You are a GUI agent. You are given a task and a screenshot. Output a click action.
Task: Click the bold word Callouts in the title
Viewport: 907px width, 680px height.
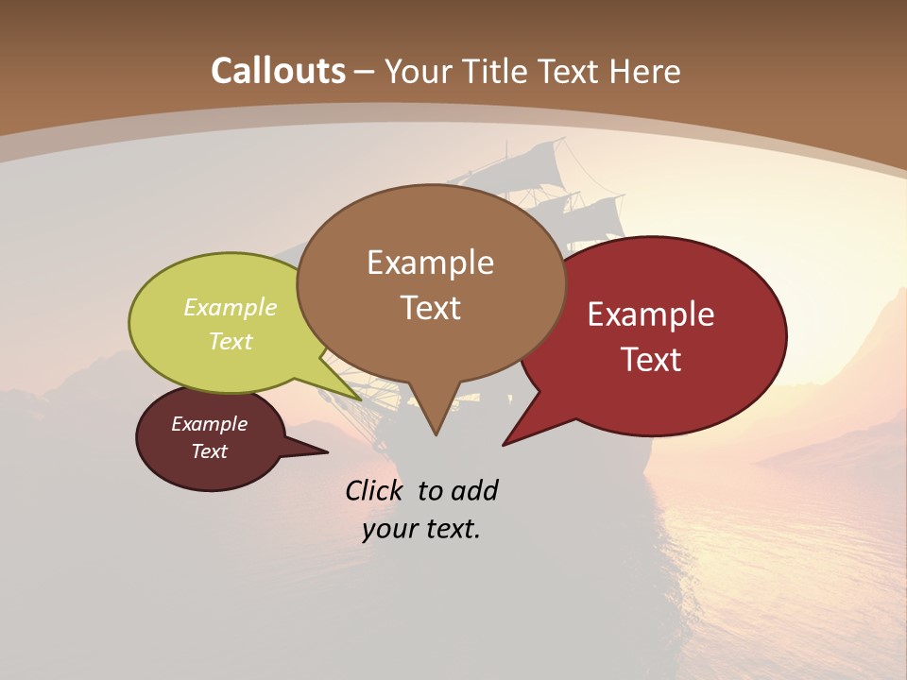pyautogui.click(x=278, y=71)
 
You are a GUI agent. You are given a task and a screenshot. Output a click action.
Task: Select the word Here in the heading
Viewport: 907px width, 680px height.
pyautogui.click(x=646, y=71)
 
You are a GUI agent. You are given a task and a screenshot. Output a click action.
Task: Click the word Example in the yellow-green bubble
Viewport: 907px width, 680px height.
pyautogui.click(x=231, y=307)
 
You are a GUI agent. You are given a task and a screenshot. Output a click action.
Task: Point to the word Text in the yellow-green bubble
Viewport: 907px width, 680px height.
pyautogui.click(x=231, y=341)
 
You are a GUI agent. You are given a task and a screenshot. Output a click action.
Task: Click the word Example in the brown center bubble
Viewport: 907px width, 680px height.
pyautogui.click(x=430, y=263)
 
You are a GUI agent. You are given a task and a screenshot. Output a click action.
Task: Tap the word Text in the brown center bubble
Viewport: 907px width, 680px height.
pyautogui.click(x=430, y=308)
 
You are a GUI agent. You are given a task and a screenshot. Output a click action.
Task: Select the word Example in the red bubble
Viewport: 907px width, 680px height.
pyautogui.click(x=651, y=314)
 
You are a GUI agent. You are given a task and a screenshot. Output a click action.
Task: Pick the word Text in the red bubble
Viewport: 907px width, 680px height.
pyautogui.click(x=651, y=360)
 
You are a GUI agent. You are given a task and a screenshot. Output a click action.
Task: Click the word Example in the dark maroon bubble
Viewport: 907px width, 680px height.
pyautogui.click(x=209, y=424)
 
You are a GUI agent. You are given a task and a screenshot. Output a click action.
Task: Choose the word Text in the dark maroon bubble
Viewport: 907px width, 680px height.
pyautogui.click(x=209, y=451)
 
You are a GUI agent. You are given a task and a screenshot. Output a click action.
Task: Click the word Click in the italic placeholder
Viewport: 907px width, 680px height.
pyautogui.click(x=376, y=490)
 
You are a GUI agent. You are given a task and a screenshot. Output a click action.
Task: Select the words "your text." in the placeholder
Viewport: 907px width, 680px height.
pyautogui.click(x=421, y=529)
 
